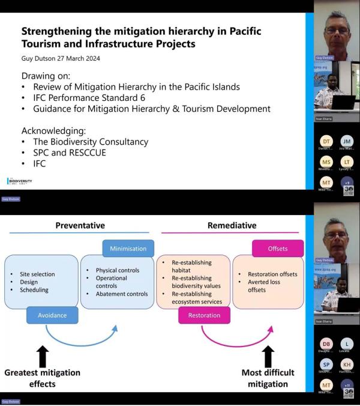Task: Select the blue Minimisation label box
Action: click(128, 248)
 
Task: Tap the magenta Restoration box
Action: click(203, 315)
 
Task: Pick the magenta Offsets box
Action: click(278, 248)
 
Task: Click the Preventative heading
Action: click(80, 225)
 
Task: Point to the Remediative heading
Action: click(232, 225)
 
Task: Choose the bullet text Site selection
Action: click(37, 274)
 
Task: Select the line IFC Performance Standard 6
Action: click(91, 98)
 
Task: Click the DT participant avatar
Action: click(326, 142)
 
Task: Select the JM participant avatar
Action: click(347, 142)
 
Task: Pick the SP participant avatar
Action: click(326, 365)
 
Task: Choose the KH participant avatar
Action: click(347, 365)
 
